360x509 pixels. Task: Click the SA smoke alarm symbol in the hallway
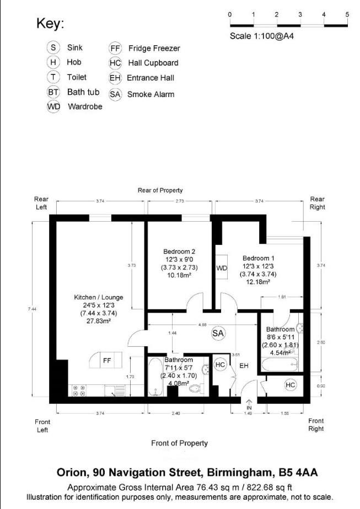click(x=218, y=333)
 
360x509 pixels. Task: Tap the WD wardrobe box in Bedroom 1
click(x=222, y=268)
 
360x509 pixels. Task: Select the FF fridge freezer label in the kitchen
click(x=107, y=361)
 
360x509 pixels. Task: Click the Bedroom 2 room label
click(x=179, y=251)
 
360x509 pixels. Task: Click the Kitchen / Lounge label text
click(x=99, y=297)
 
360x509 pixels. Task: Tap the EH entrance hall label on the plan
click(x=244, y=365)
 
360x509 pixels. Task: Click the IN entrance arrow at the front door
click(x=249, y=404)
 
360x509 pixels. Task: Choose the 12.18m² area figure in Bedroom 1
click(x=257, y=282)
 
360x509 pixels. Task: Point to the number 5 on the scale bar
click(x=347, y=14)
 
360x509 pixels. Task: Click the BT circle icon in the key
click(x=53, y=93)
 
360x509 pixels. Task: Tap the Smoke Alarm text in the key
click(x=151, y=94)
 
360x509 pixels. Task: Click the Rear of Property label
click(x=160, y=190)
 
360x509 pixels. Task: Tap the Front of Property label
click(x=180, y=443)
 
